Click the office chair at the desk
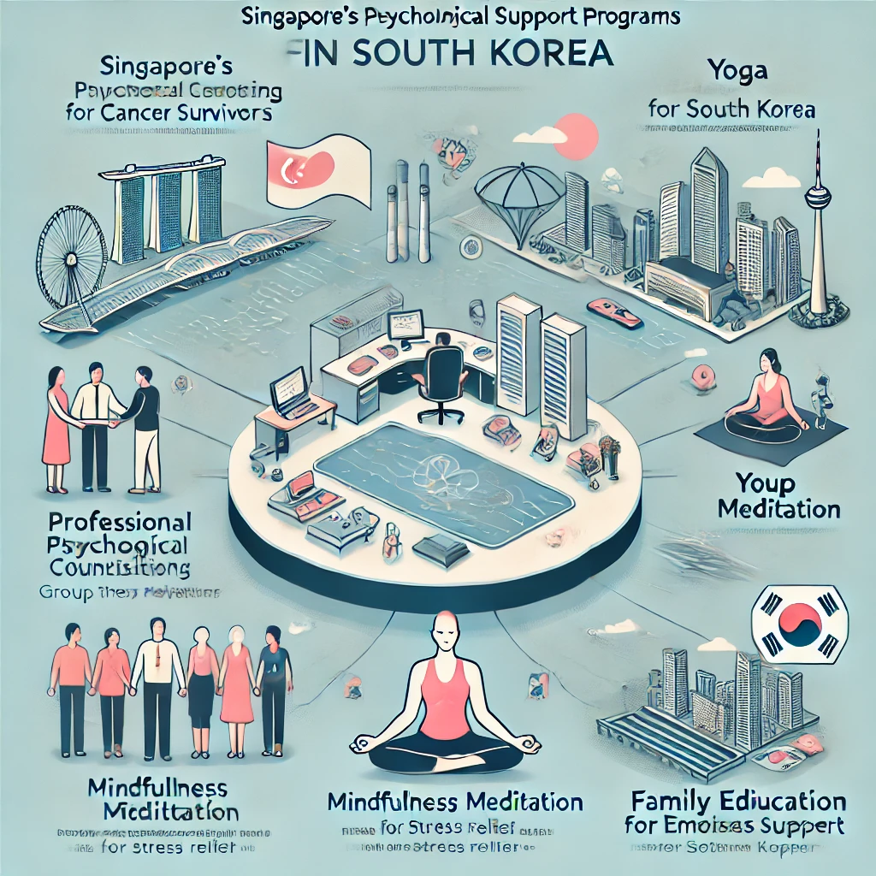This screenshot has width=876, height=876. click(x=441, y=380)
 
